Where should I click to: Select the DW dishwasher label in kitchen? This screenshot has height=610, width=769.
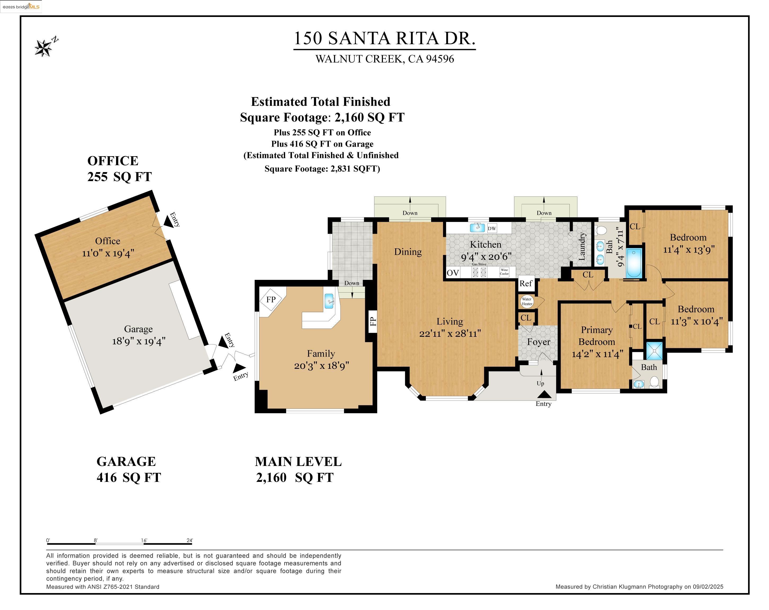(492, 228)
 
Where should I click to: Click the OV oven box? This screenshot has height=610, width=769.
(453, 273)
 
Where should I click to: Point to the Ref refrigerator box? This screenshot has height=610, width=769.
(526, 283)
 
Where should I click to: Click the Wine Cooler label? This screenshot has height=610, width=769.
(504, 272)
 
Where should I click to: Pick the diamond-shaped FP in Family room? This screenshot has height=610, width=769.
(271, 299)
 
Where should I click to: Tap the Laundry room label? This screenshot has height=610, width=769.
(582, 246)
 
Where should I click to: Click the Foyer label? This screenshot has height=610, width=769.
(538, 342)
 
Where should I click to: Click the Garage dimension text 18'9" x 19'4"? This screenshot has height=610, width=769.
(139, 341)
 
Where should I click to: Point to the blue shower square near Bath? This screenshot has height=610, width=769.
(655, 351)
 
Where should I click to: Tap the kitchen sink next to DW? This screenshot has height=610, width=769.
(477, 228)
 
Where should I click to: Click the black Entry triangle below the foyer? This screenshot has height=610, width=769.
(544, 394)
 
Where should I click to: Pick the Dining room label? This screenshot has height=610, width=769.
(408, 252)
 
